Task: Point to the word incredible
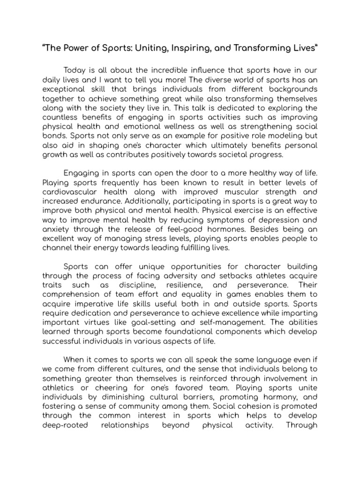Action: pyautogui.click(x=162, y=71)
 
